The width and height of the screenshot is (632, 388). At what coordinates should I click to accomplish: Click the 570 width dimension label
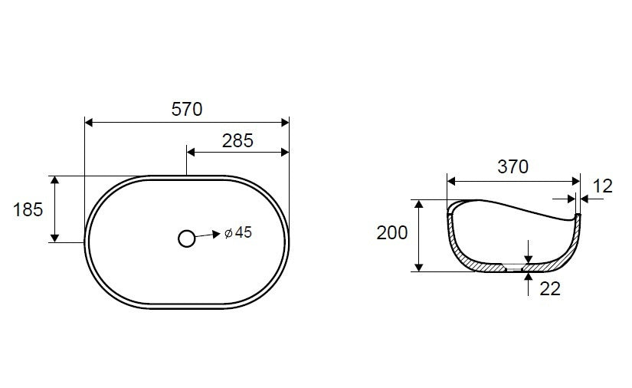click(187, 110)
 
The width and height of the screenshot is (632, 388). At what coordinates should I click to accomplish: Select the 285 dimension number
click(237, 141)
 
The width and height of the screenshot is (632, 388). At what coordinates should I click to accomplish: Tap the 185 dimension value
click(28, 210)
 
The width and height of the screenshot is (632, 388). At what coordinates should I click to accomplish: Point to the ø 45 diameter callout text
click(237, 232)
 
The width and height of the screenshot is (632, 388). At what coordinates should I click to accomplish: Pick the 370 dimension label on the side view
click(512, 167)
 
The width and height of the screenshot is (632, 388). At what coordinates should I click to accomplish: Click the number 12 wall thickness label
click(603, 186)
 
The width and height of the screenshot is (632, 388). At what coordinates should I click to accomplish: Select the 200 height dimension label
click(391, 232)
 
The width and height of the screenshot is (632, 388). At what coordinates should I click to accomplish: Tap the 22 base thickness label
click(550, 289)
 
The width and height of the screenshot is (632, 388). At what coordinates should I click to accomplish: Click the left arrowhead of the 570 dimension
click(89, 122)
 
